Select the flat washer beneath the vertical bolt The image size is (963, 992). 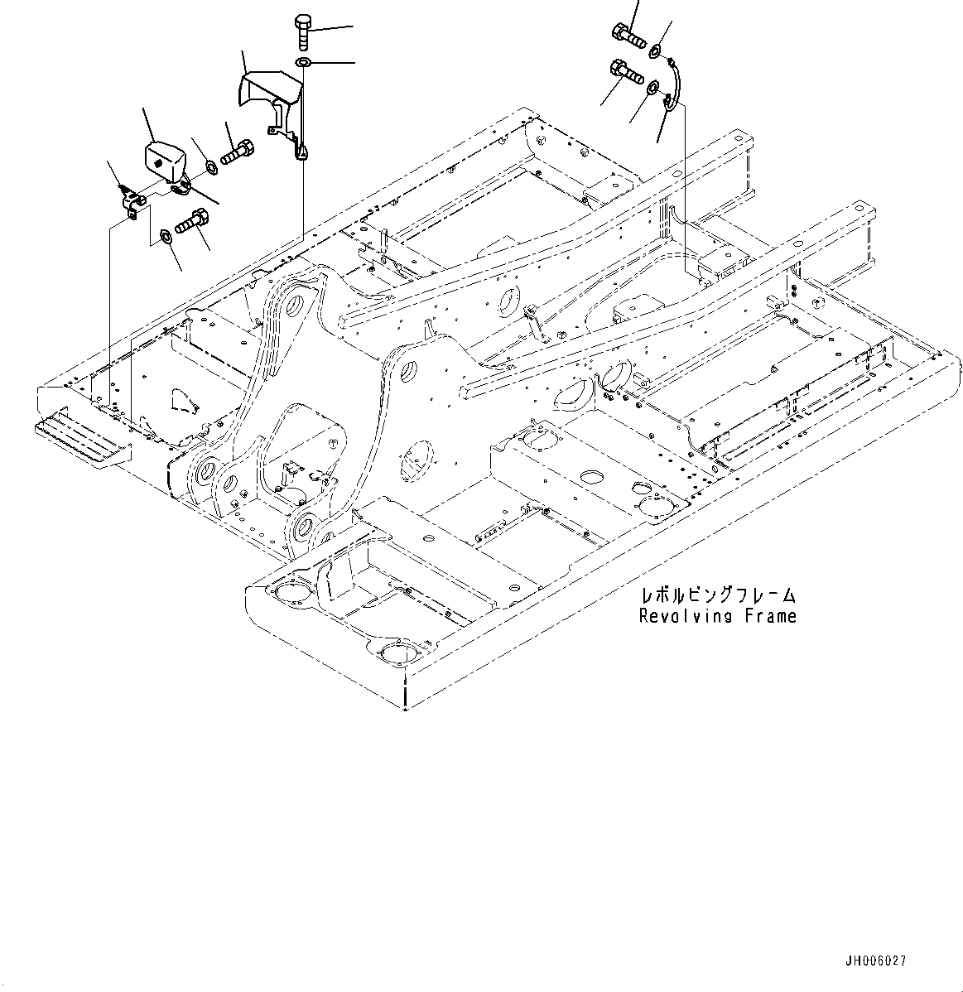303,63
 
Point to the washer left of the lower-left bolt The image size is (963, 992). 166,238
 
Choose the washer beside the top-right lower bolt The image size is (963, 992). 652,85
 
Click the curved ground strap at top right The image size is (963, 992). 675,84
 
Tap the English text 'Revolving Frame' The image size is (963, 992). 717,616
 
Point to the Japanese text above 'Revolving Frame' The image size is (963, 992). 718,595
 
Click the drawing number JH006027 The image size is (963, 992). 875,961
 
